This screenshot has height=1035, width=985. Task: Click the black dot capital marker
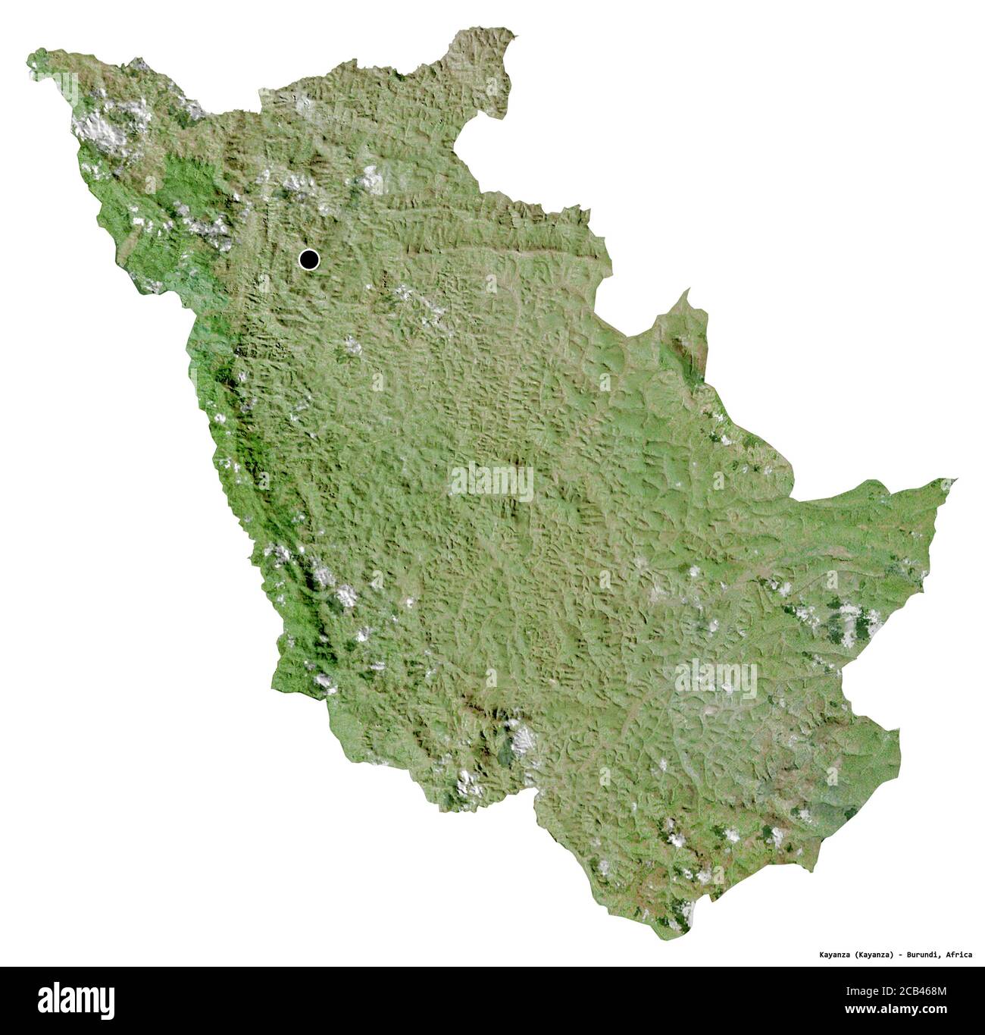click(x=308, y=260)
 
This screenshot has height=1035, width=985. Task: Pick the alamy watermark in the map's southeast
click(x=715, y=677)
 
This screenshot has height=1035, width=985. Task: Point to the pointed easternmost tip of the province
click(x=953, y=480)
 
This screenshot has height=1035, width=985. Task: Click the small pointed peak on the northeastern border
click(x=687, y=292)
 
